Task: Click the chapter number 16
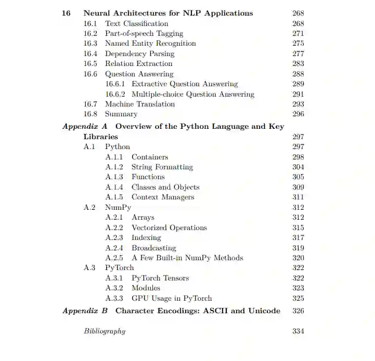pyautogui.click(x=66, y=13)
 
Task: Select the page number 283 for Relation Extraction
pyautogui.click(x=298, y=64)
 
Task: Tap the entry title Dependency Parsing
pyautogui.click(x=139, y=54)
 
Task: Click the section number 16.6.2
pyautogui.click(x=115, y=94)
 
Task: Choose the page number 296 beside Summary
pyautogui.click(x=298, y=114)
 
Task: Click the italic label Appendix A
pyautogui.click(x=85, y=126)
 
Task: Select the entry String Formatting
pyautogui.click(x=162, y=167)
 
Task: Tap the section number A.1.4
pyautogui.click(x=114, y=187)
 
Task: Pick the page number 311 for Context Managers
pyautogui.click(x=298, y=197)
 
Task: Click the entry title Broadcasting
pyautogui.click(x=153, y=248)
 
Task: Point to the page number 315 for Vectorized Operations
pyautogui.click(x=298, y=228)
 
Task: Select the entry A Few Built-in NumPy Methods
pyautogui.click(x=187, y=258)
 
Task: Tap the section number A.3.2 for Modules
pyautogui.click(x=114, y=288)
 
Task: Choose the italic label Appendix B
pyautogui.click(x=85, y=311)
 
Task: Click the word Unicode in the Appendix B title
pyautogui.click(x=263, y=311)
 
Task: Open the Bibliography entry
pyautogui.click(x=105, y=331)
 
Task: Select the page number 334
pyautogui.click(x=298, y=331)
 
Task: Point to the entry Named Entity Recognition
pyautogui.click(x=150, y=44)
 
